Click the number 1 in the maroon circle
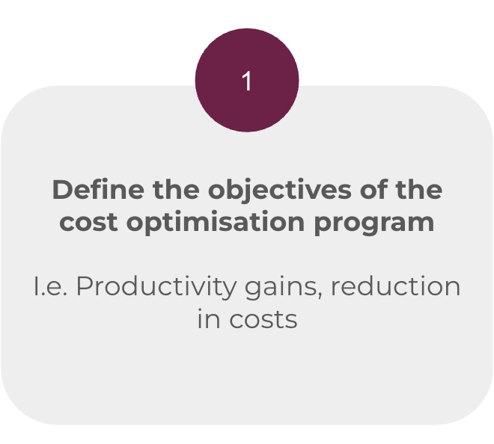247,81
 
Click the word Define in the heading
86,190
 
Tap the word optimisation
225,223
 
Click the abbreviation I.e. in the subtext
49,286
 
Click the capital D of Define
61,190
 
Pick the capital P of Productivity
83,286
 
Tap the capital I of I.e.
36,286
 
